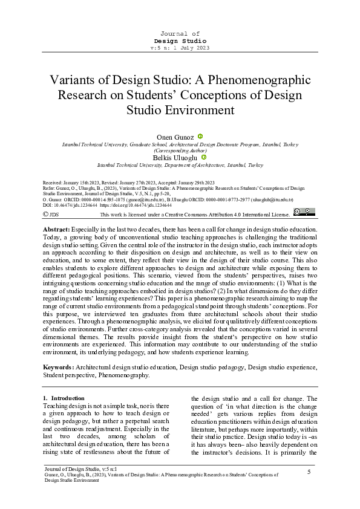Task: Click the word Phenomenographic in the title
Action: (260, 80)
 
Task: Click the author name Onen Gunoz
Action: (175, 138)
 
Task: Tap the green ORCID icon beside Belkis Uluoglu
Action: (205, 157)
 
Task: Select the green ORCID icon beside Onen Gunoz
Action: (200, 137)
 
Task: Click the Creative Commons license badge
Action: (304, 211)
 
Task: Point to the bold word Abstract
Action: (56, 230)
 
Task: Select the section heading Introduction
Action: (67, 398)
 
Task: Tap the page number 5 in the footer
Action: (309, 472)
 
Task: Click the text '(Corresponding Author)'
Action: (180, 151)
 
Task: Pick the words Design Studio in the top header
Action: (180, 40)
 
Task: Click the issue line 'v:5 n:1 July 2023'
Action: (180, 47)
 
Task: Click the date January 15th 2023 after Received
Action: (85, 182)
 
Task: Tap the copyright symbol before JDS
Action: (45, 214)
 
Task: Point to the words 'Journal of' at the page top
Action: (180, 33)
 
